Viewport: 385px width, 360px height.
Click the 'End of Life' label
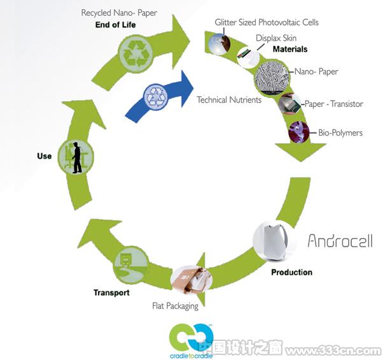click(x=115, y=25)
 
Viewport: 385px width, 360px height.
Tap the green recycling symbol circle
click(x=135, y=54)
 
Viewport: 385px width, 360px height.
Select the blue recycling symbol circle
click(x=155, y=97)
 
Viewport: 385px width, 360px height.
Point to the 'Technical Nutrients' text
click(x=229, y=100)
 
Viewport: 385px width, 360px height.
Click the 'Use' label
click(x=44, y=156)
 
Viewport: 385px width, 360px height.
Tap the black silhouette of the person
click(x=77, y=157)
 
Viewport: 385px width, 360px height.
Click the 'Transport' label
click(x=111, y=292)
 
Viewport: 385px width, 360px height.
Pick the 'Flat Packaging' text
click(x=175, y=306)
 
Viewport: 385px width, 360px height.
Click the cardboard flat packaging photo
click(x=192, y=280)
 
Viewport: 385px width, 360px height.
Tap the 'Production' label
click(x=291, y=272)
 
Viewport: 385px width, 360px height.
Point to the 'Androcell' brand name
click(x=340, y=240)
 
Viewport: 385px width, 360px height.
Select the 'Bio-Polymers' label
click(x=340, y=133)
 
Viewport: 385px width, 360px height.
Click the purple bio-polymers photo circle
click(x=299, y=132)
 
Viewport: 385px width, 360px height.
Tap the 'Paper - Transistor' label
click(x=334, y=104)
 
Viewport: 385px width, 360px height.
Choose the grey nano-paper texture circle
click(x=272, y=77)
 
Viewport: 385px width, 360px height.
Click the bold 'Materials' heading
click(x=290, y=49)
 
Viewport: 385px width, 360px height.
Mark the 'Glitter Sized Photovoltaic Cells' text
click(x=267, y=22)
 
